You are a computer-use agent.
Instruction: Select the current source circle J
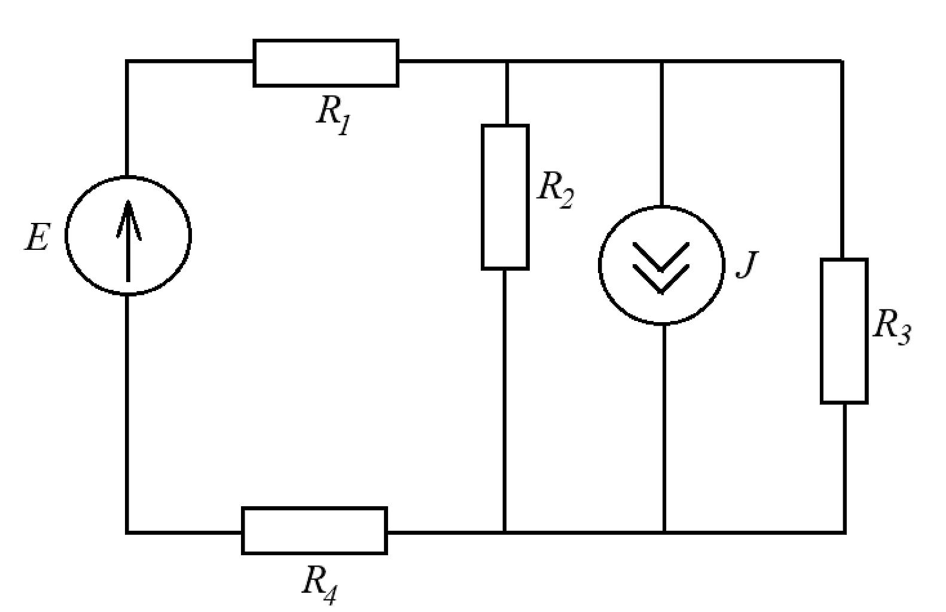coord(599,265)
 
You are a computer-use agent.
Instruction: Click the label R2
coord(556,190)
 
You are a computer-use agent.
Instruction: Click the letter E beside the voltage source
coord(38,237)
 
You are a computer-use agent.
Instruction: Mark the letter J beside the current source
coord(747,265)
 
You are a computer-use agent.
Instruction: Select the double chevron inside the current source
coord(661,268)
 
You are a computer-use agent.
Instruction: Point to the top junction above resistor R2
coord(507,62)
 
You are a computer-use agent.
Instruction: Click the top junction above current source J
coord(662,62)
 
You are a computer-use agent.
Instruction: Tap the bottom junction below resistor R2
coord(504,533)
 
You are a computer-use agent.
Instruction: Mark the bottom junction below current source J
coord(664,533)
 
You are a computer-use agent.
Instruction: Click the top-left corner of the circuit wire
coord(127,62)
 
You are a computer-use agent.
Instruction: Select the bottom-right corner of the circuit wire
coord(844,533)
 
